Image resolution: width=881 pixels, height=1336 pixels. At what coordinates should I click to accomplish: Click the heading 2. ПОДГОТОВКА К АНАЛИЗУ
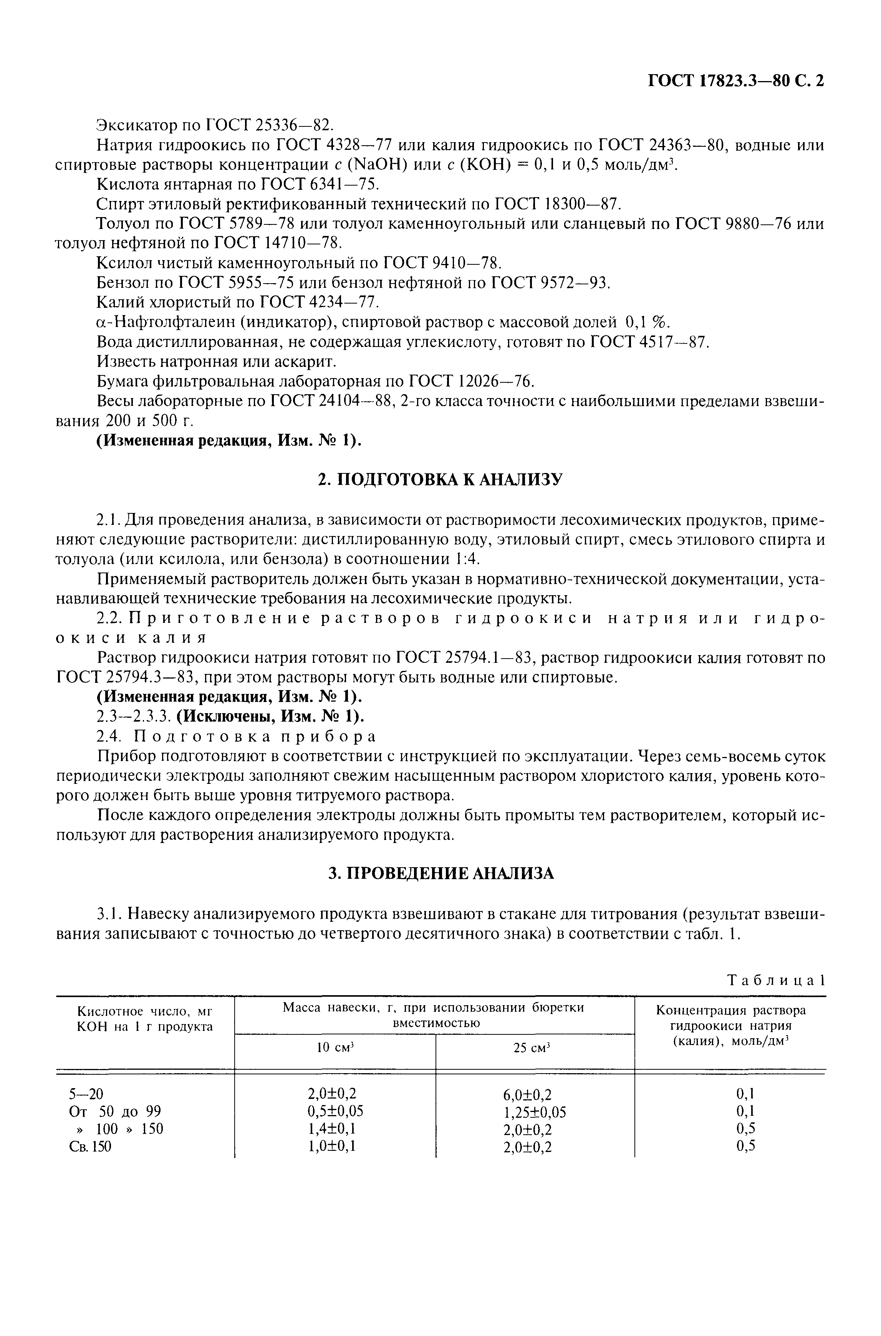440,480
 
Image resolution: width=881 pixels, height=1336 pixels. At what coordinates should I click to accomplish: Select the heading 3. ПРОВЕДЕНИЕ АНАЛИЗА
440,873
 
